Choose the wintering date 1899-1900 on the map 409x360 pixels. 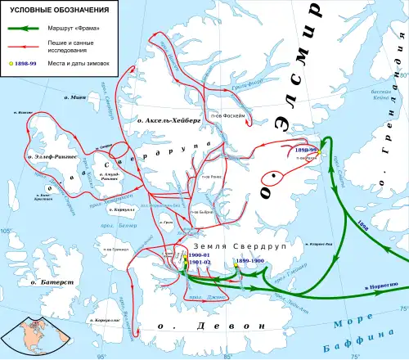tap(249, 260)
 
